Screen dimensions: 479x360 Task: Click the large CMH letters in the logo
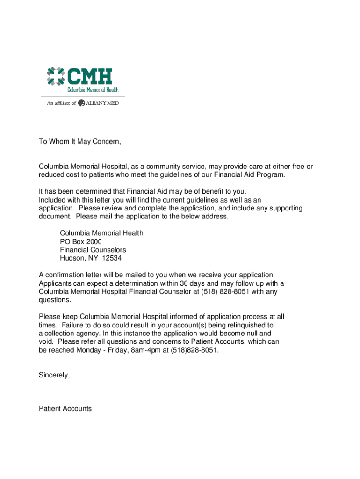[90, 76]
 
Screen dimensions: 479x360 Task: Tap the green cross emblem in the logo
[55, 76]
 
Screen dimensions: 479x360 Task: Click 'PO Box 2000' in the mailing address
[80, 241]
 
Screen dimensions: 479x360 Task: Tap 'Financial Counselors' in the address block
[93, 250]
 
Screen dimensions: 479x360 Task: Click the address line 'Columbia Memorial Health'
[101, 233]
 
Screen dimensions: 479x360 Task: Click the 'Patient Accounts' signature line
[65, 408]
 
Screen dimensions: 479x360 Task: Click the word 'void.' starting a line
[47, 341]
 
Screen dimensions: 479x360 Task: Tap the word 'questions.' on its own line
[55, 300]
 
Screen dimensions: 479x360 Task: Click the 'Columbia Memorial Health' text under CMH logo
[92, 90]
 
